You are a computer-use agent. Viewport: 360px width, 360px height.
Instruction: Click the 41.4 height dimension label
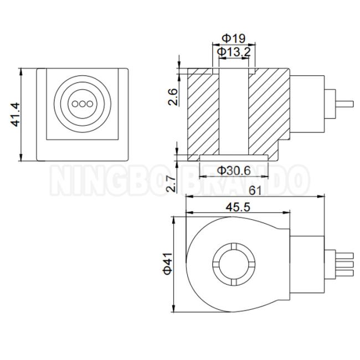(16, 115)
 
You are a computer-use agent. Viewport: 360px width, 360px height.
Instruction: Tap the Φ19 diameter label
(234, 38)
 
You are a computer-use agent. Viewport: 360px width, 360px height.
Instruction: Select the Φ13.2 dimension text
(234, 52)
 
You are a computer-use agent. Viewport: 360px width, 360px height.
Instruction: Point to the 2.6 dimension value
(173, 97)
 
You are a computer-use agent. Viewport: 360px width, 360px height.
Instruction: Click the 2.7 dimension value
(171, 183)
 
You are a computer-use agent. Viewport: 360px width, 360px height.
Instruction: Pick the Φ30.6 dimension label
(234, 171)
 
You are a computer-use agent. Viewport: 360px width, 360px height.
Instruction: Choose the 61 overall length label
(255, 191)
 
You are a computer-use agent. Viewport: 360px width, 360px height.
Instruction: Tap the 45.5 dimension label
(238, 207)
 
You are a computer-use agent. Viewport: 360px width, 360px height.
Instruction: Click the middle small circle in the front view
(83, 104)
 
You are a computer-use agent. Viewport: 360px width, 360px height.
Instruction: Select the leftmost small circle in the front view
(75, 104)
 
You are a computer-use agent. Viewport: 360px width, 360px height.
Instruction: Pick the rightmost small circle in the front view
(90, 104)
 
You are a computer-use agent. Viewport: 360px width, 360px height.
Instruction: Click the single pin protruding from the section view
(344, 104)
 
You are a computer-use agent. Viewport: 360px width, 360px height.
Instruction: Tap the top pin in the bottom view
(344, 255)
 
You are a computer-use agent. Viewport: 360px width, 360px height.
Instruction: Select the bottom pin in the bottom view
(344, 273)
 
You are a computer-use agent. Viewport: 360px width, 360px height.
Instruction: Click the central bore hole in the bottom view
(234, 264)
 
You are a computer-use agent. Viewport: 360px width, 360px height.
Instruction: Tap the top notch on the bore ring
(234, 246)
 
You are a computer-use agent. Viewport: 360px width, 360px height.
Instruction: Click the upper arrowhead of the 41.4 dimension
(21, 71)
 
